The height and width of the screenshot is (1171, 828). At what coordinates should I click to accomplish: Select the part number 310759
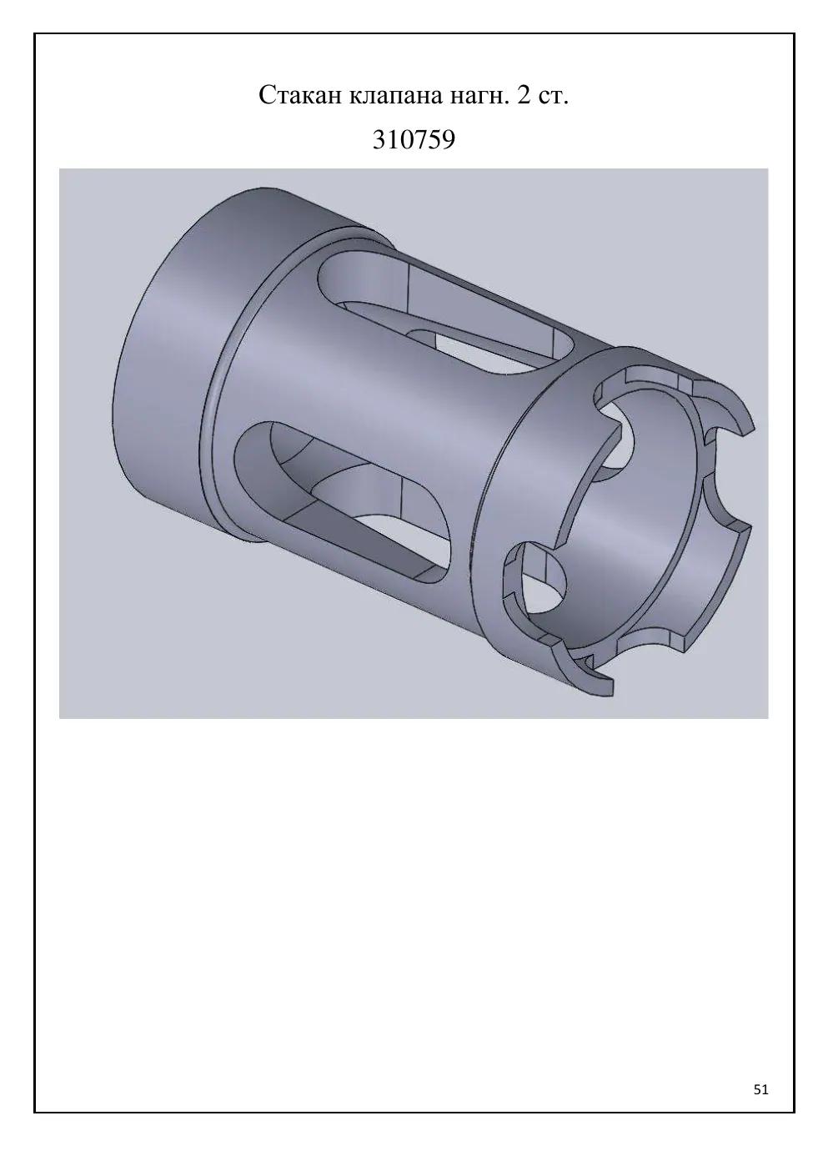tap(414, 139)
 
